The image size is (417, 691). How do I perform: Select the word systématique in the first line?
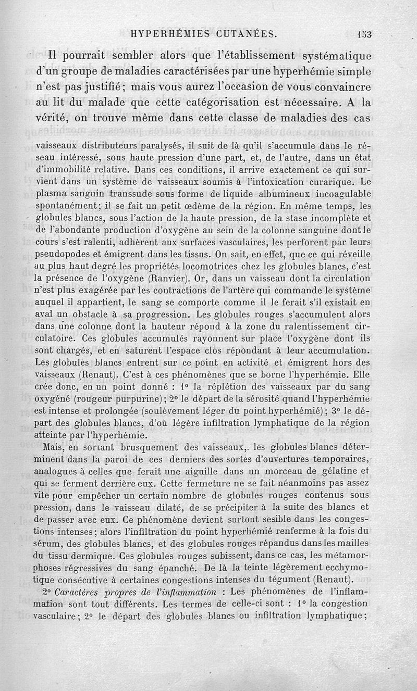[336, 56]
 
